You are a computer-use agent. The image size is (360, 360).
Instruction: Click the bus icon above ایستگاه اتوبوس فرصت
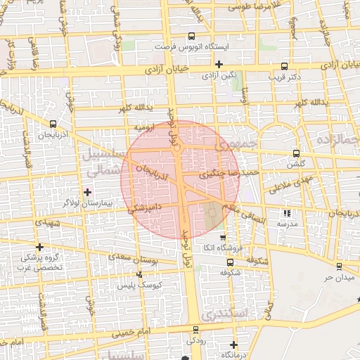pos(192,37)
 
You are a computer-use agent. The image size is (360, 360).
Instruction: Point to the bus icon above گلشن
pos(296,153)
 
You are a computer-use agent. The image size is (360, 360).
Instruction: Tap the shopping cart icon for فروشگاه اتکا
pos(224,238)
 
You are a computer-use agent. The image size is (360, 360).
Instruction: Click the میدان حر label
pos(337,277)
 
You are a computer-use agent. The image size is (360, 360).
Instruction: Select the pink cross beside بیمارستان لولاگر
pos(87,191)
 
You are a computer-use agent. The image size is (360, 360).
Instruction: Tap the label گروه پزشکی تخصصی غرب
pos(41,262)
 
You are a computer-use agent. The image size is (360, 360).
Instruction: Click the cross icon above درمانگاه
pos(233,345)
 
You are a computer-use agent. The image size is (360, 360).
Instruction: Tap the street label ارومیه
pos(145,129)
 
